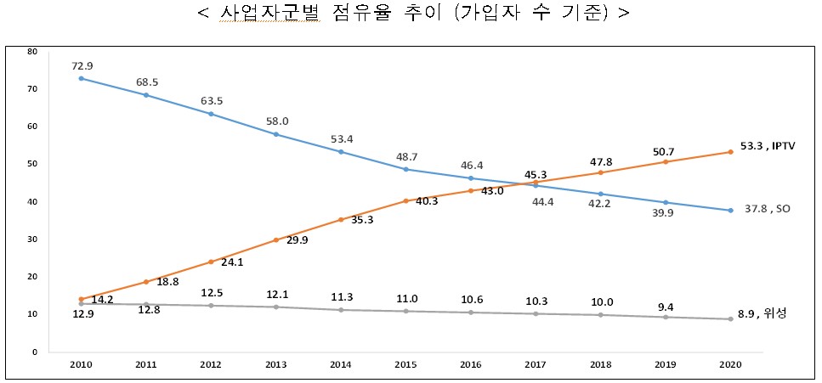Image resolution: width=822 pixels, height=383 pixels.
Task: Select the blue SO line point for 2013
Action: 277,134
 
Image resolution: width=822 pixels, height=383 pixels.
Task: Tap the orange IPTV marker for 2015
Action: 406,201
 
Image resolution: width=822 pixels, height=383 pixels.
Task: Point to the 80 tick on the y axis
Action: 32,52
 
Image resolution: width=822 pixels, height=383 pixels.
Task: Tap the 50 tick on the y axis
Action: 32,164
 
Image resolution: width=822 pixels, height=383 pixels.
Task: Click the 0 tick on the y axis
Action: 35,352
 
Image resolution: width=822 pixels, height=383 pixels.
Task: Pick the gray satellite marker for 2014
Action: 342,310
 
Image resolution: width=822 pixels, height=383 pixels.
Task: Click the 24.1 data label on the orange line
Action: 232,262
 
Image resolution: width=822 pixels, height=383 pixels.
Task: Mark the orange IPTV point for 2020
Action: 729,152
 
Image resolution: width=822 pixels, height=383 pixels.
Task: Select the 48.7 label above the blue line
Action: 407,157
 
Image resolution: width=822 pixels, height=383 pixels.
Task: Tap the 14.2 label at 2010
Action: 103,300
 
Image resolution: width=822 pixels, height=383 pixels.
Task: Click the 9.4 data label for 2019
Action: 665,302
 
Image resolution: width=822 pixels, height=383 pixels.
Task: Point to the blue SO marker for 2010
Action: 81,78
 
